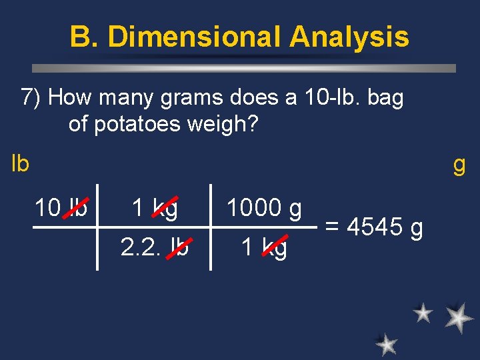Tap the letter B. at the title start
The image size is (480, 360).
83,37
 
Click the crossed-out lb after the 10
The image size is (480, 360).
77,208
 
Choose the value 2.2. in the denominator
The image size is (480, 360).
141,247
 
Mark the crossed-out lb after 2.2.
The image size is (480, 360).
178,247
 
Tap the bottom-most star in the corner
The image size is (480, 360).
386,344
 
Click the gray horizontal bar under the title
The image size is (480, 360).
244,68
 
